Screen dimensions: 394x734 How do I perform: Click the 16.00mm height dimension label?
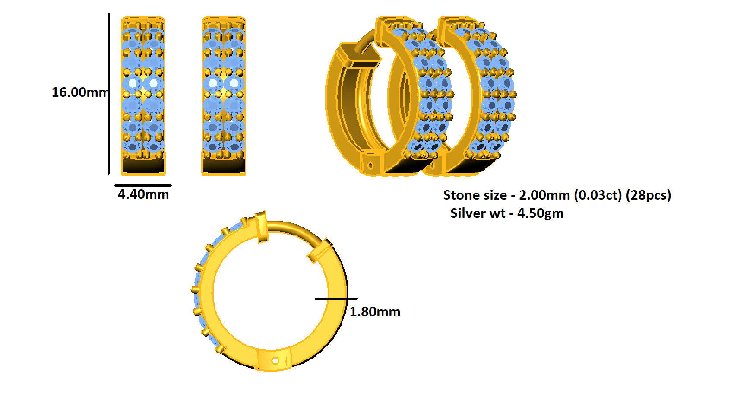click(x=79, y=92)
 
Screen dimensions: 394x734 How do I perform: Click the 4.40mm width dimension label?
click(x=143, y=194)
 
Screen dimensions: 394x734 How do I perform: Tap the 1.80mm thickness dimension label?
click(x=374, y=311)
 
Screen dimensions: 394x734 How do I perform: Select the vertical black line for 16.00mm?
click(x=108, y=93)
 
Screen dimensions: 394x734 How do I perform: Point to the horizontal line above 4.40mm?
click(x=143, y=185)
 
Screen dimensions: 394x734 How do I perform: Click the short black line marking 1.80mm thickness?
click(x=336, y=299)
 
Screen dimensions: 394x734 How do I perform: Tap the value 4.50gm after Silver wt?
click(x=540, y=213)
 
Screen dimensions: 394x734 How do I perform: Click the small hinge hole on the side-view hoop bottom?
click(x=275, y=360)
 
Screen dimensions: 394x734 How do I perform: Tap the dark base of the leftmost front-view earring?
click(x=143, y=166)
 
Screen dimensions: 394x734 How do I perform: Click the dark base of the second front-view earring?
click(x=224, y=166)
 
